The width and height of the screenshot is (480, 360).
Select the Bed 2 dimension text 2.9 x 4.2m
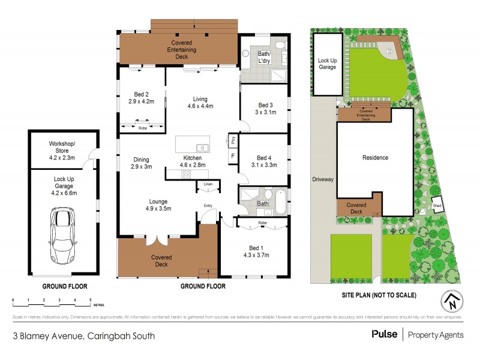pyautogui.click(x=142, y=101)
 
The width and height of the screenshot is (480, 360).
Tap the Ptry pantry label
pyautogui.click(x=233, y=140)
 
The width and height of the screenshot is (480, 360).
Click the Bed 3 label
pyautogui.click(x=263, y=106)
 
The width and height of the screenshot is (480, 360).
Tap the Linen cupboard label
pyautogui.click(x=208, y=183)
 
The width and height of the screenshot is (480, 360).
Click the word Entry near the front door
pyautogui.click(x=208, y=206)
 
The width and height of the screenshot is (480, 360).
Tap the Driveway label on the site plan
pyautogui.click(x=322, y=179)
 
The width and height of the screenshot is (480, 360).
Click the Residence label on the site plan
pyautogui.click(x=375, y=158)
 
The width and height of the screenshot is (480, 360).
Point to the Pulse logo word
pyautogui.click(x=384, y=334)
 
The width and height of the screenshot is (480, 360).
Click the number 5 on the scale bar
pyautogui.click(x=90, y=299)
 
